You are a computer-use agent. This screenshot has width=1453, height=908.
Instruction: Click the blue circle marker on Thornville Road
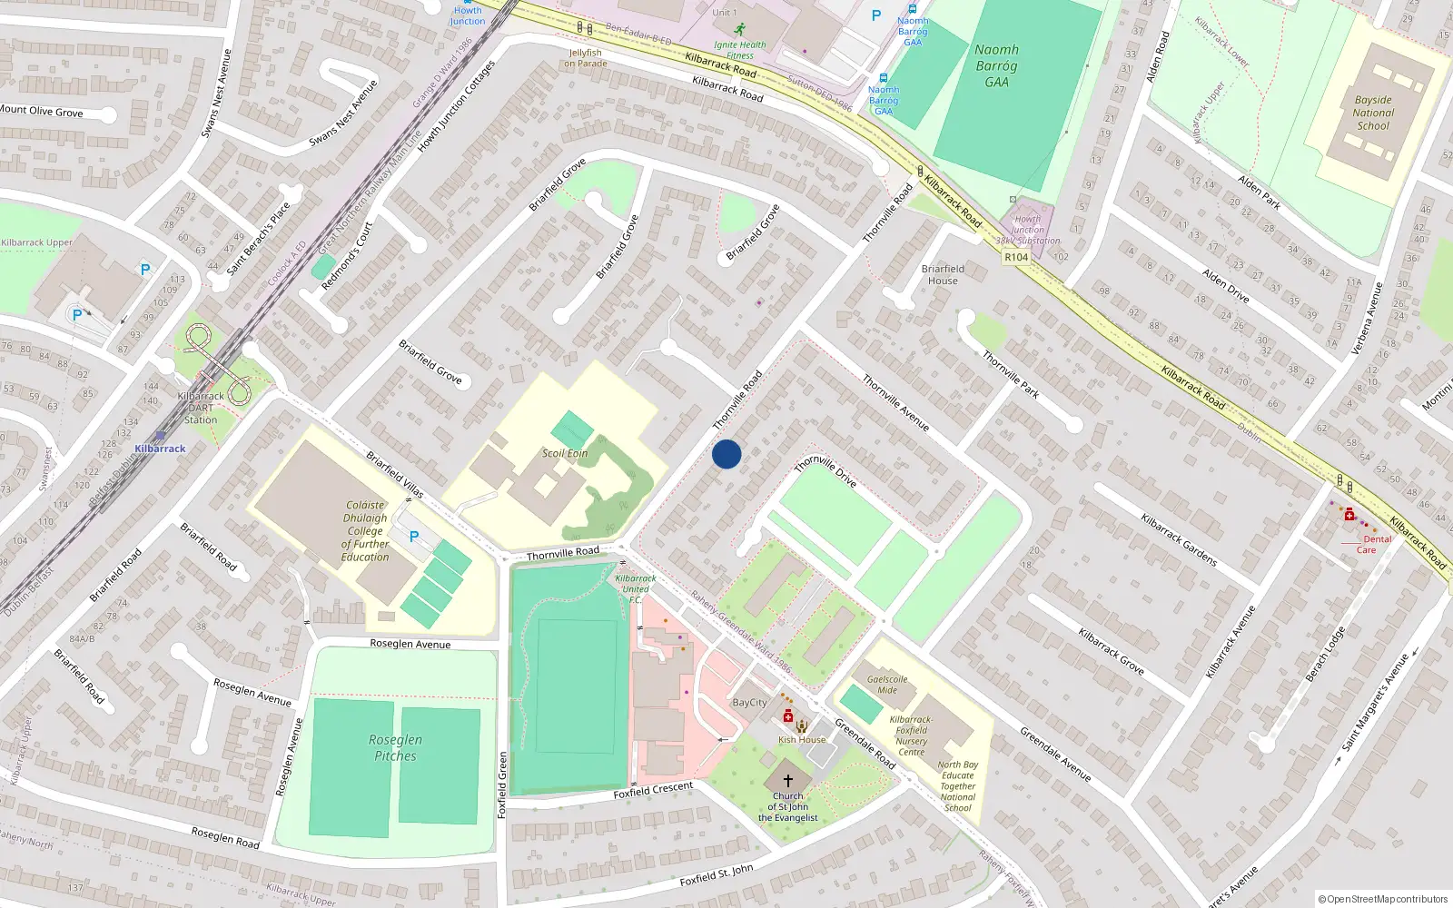[726, 453]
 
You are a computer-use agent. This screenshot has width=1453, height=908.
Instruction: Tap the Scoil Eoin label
[565, 453]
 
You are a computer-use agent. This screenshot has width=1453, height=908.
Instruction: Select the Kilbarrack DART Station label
[201, 408]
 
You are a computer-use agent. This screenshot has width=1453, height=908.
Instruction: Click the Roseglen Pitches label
[395, 747]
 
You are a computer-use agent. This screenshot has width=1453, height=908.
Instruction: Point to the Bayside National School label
[1373, 113]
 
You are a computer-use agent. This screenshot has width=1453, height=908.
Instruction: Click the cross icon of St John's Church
[788, 780]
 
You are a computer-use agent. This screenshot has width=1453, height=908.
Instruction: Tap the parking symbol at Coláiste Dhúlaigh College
[414, 537]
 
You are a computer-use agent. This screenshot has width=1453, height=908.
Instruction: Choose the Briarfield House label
[943, 274]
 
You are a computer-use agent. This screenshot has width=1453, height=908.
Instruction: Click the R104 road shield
[1016, 257]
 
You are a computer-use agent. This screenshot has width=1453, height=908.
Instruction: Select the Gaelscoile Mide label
[887, 685]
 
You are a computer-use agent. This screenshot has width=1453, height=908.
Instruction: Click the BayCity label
[750, 703]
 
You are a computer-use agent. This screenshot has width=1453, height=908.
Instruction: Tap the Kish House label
[802, 739]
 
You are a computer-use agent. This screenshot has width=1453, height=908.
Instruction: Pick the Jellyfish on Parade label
[586, 58]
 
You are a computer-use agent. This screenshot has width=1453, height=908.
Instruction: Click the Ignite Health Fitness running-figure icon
[740, 29]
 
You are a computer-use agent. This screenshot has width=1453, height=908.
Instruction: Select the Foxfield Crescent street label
[653, 790]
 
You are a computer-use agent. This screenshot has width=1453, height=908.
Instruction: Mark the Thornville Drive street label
[825, 471]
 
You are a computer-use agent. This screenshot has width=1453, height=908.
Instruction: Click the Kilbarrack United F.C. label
[636, 588]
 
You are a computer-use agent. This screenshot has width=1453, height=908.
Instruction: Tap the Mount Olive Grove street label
[42, 111]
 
